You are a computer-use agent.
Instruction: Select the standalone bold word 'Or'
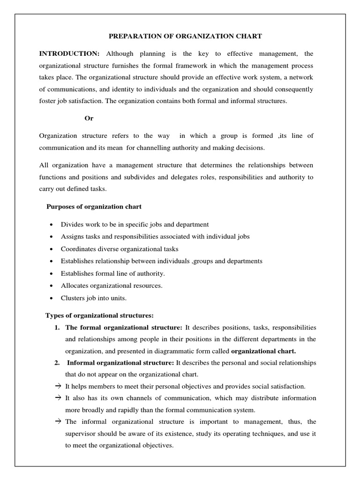(89, 119)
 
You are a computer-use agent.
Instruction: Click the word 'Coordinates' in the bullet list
(79, 249)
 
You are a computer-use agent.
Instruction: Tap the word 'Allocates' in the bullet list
(75, 285)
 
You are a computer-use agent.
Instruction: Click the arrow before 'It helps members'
(58, 386)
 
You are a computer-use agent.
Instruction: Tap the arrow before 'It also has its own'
(58, 398)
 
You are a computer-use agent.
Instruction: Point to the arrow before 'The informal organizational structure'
(58, 421)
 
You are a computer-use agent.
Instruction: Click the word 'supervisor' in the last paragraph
(81, 434)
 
